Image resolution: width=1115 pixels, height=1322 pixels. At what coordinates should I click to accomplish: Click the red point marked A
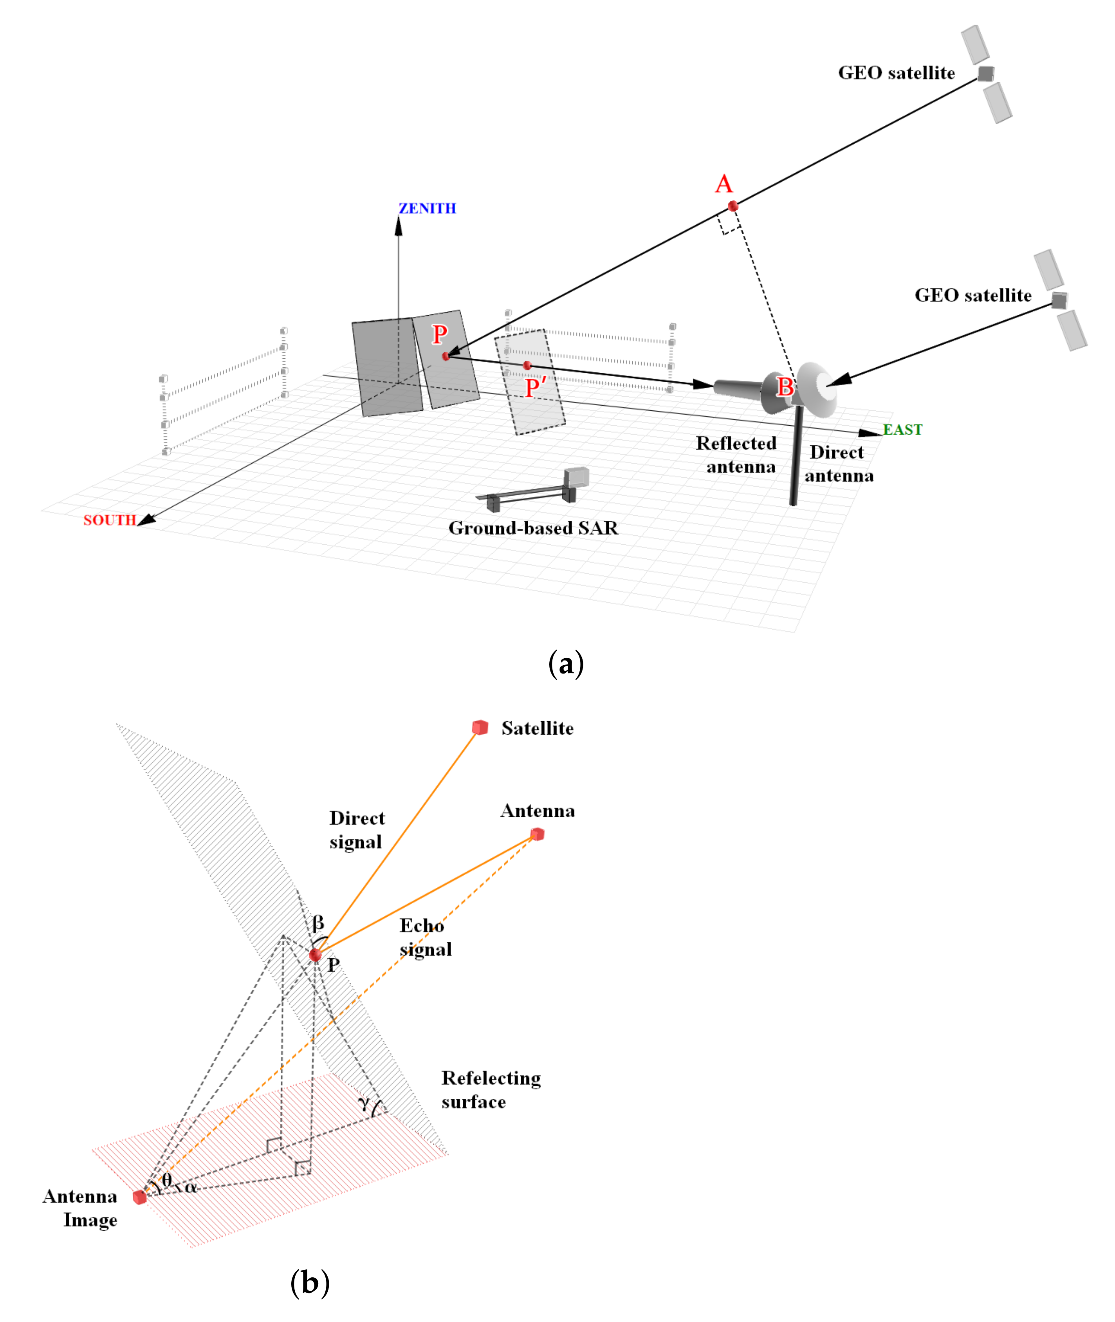pos(733,206)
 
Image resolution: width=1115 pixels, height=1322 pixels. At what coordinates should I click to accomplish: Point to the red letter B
pos(785,386)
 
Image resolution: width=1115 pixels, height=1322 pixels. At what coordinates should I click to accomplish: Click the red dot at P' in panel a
pos(527,365)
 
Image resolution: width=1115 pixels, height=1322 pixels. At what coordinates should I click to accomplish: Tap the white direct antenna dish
pos(819,389)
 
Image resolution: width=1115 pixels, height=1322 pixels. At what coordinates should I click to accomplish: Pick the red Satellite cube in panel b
pos(480,728)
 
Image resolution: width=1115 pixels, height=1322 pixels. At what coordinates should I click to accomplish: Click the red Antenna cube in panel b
pos(537,834)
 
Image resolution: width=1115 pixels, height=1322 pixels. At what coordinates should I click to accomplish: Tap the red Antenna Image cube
pos(140,1197)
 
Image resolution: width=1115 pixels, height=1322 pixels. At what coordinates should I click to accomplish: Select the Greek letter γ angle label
pos(364,1103)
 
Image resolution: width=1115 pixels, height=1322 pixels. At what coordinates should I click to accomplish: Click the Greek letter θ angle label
pos(167,1180)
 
